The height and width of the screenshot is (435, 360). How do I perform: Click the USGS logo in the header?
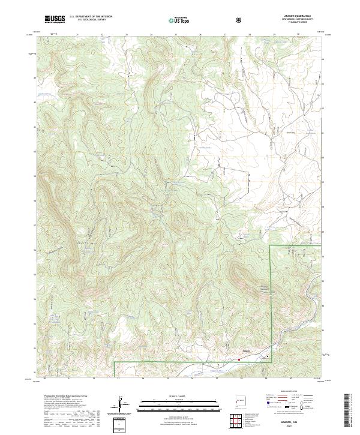point(55,20)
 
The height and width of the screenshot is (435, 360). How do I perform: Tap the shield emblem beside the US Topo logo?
point(239,20)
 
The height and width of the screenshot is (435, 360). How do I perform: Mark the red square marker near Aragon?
point(239,360)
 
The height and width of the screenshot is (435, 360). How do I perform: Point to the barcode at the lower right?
point(348,412)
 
